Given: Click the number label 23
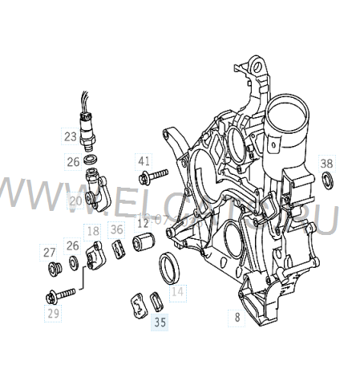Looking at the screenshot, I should (x=71, y=136).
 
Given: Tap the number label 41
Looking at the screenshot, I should (x=144, y=160).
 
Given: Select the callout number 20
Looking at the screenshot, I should (x=75, y=201).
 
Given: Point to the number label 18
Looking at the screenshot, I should (x=94, y=231).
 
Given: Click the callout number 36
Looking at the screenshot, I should (x=117, y=231).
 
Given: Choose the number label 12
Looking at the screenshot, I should (x=143, y=223).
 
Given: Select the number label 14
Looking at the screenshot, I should (x=177, y=293).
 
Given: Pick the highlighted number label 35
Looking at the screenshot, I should (x=160, y=323).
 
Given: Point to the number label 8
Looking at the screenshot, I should (x=237, y=317).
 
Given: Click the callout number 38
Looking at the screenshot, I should (x=326, y=164).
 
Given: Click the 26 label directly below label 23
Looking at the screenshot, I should (x=72, y=161).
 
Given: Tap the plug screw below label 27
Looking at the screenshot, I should (x=55, y=266).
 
